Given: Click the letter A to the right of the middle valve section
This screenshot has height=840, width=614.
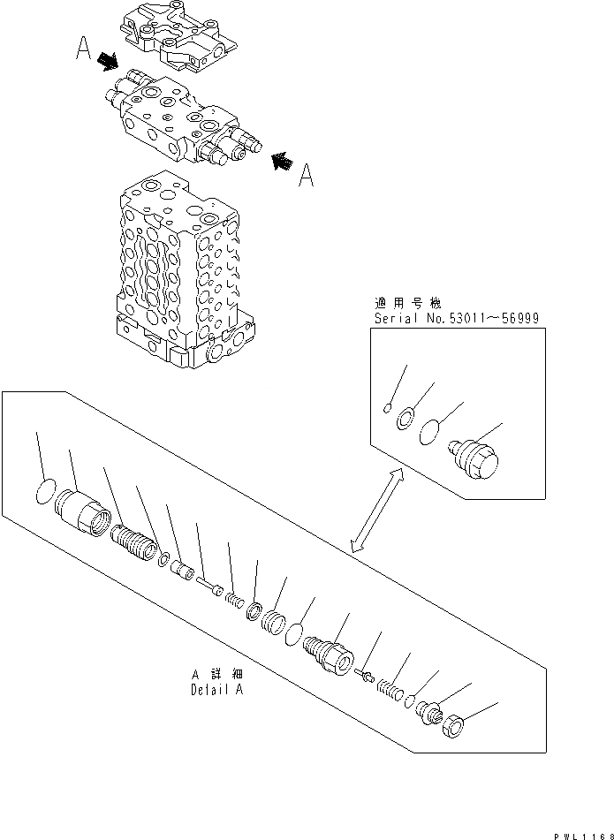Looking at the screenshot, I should (306, 178).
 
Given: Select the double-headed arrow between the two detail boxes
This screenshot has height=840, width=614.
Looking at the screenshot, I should (377, 511).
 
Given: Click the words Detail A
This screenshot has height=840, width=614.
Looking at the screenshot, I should (216, 689).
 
